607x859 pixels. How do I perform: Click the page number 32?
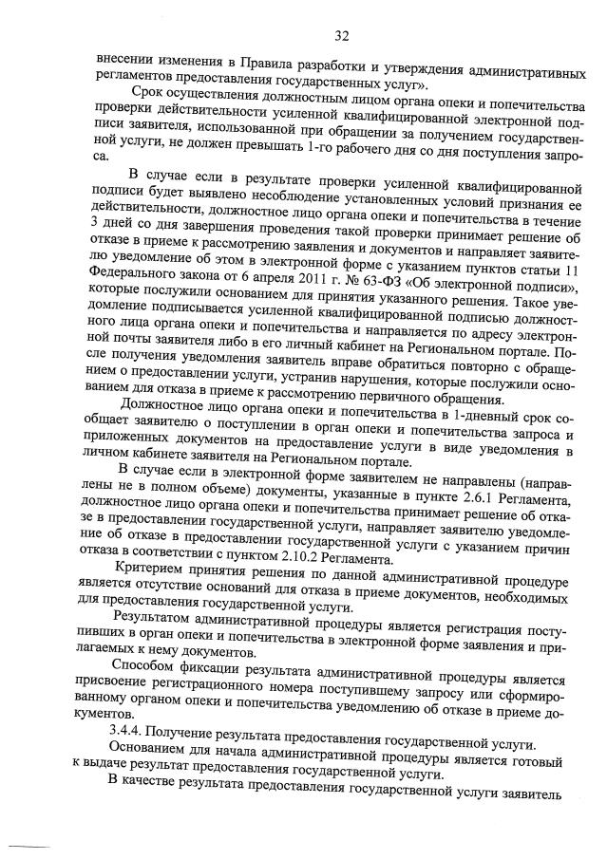coord(342,37)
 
